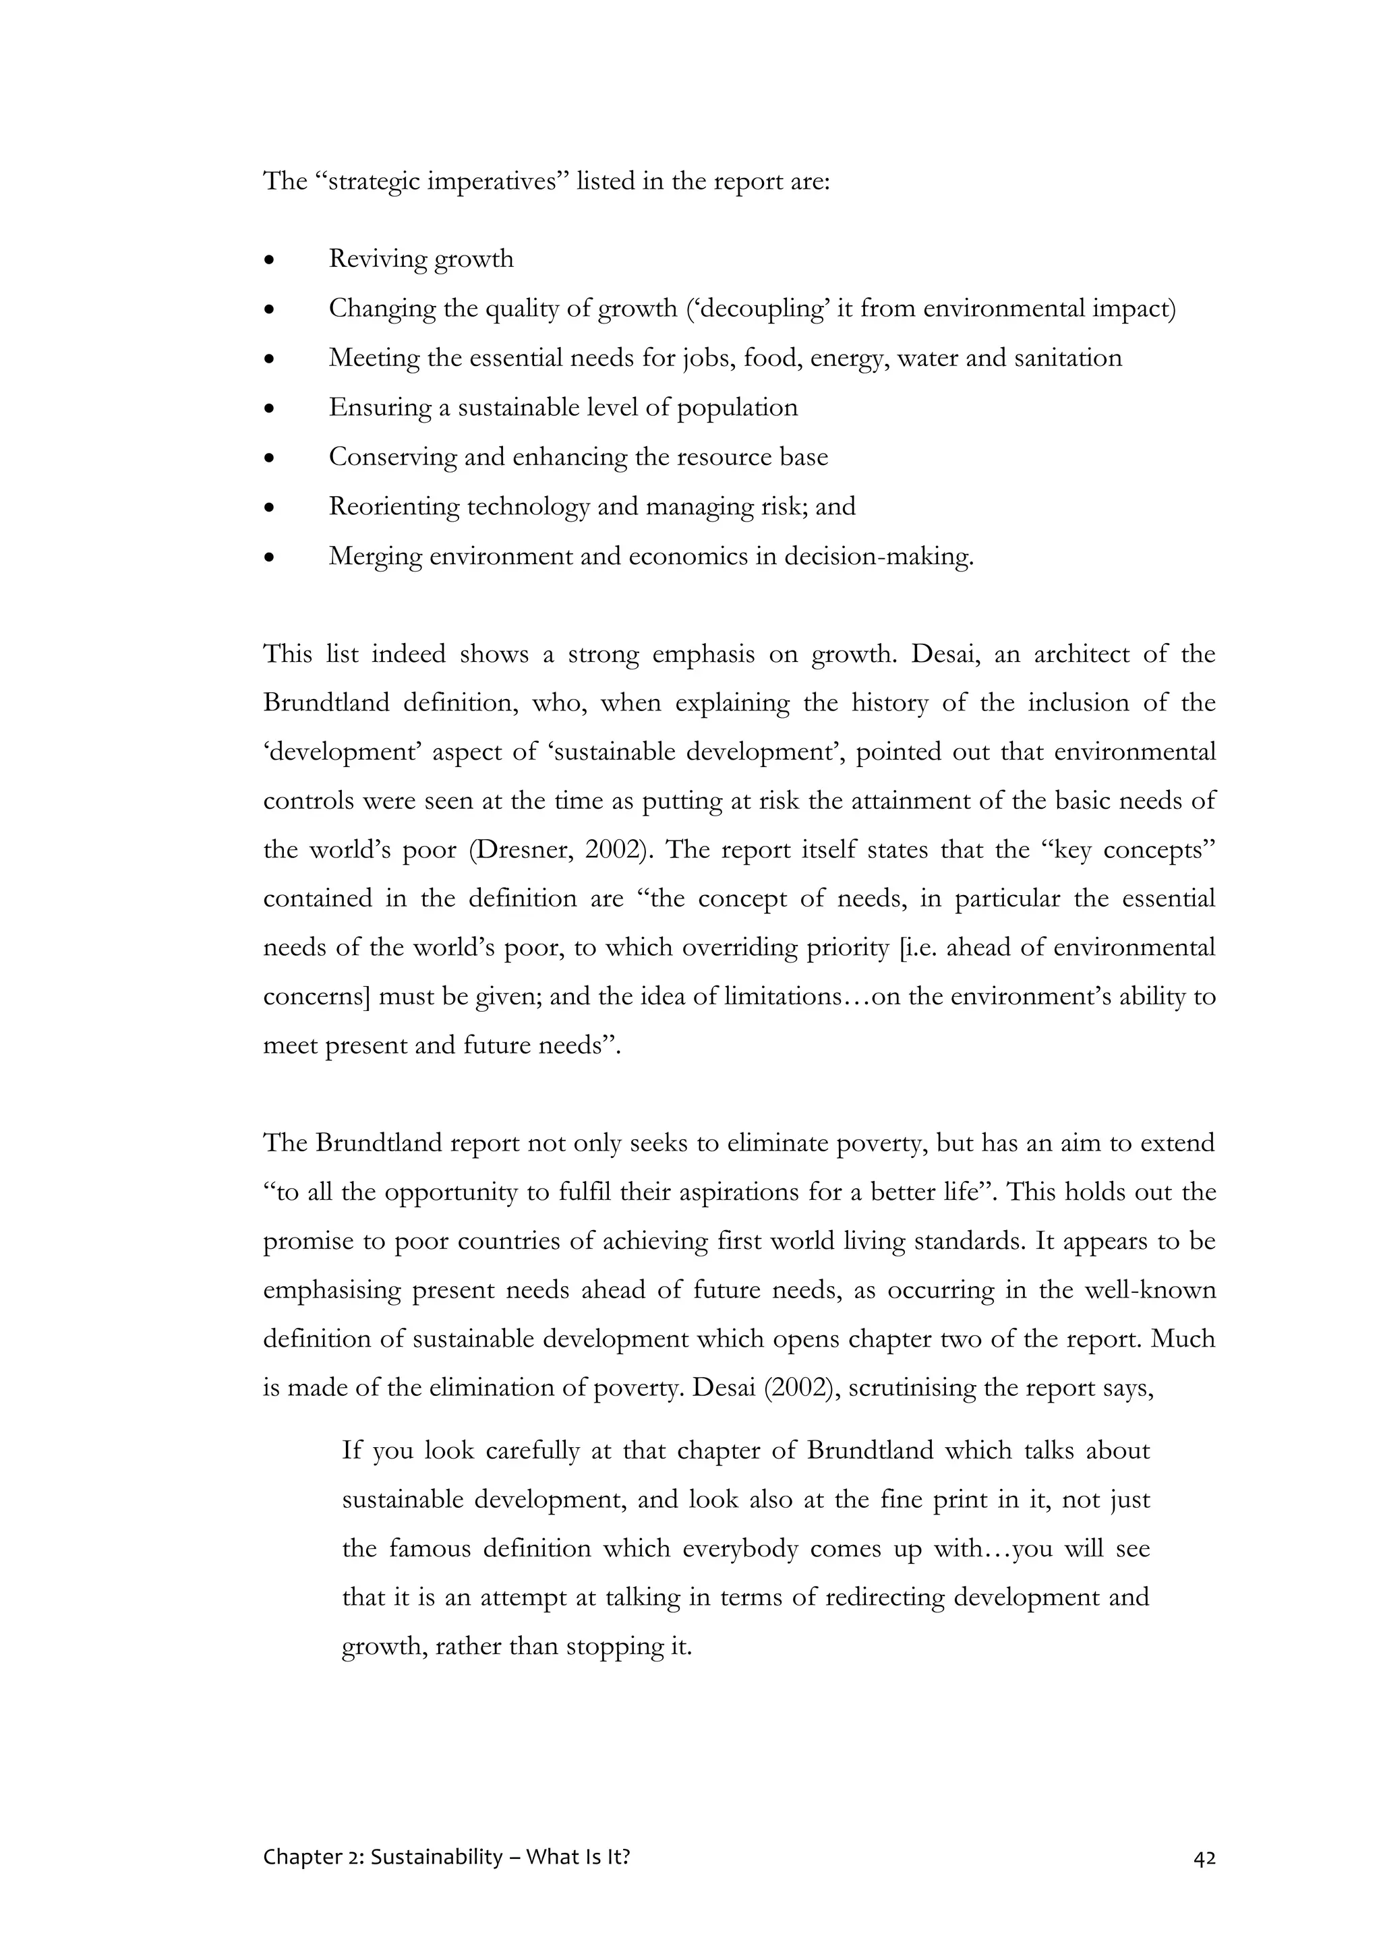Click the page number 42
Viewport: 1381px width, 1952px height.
click(x=1204, y=1858)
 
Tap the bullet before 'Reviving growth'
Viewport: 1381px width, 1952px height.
click(x=270, y=260)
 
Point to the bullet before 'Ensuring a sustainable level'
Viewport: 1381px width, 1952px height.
click(x=270, y=409)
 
